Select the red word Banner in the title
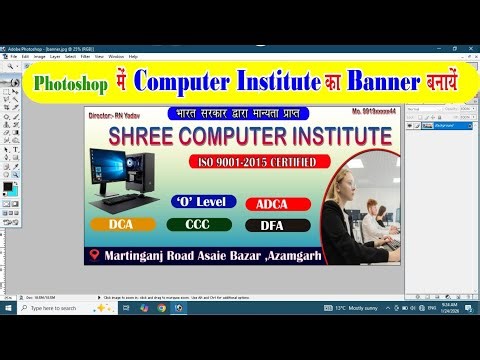[380, 81]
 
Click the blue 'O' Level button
[204, 201]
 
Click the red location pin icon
[95, 254]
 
